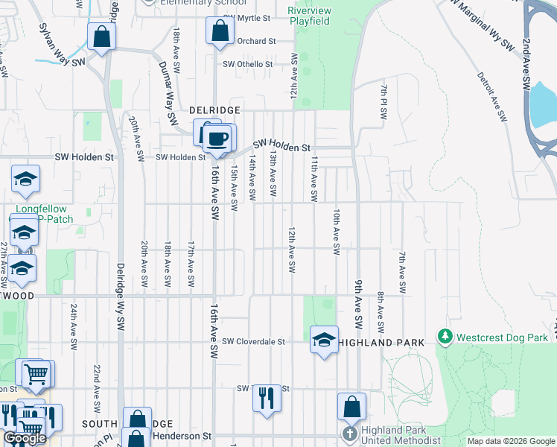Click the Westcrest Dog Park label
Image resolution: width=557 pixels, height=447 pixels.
[x=502, y=337]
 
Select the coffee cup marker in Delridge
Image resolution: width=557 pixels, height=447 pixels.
[x=217, y=139]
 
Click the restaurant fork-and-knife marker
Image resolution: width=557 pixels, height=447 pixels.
[x=266, y=399]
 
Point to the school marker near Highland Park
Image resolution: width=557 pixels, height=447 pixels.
[x=323, y=340]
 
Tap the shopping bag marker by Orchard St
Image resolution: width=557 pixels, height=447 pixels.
[x=220, y=32]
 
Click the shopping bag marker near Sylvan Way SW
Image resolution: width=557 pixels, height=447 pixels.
[x=101, y=36]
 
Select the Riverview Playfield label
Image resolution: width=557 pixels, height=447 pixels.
[x=309, y=16]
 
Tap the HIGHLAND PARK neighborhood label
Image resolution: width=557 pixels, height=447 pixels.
[x=381, y=342]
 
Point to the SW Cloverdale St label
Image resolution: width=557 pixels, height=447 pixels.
[x=254, y=342]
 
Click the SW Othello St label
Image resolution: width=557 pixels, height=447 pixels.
[x=248, y=64]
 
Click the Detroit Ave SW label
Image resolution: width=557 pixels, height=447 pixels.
[x=491, y=96]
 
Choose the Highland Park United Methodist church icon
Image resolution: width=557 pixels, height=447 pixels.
[x=351, y=434]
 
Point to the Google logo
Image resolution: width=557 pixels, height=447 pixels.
[x=25, y=439]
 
